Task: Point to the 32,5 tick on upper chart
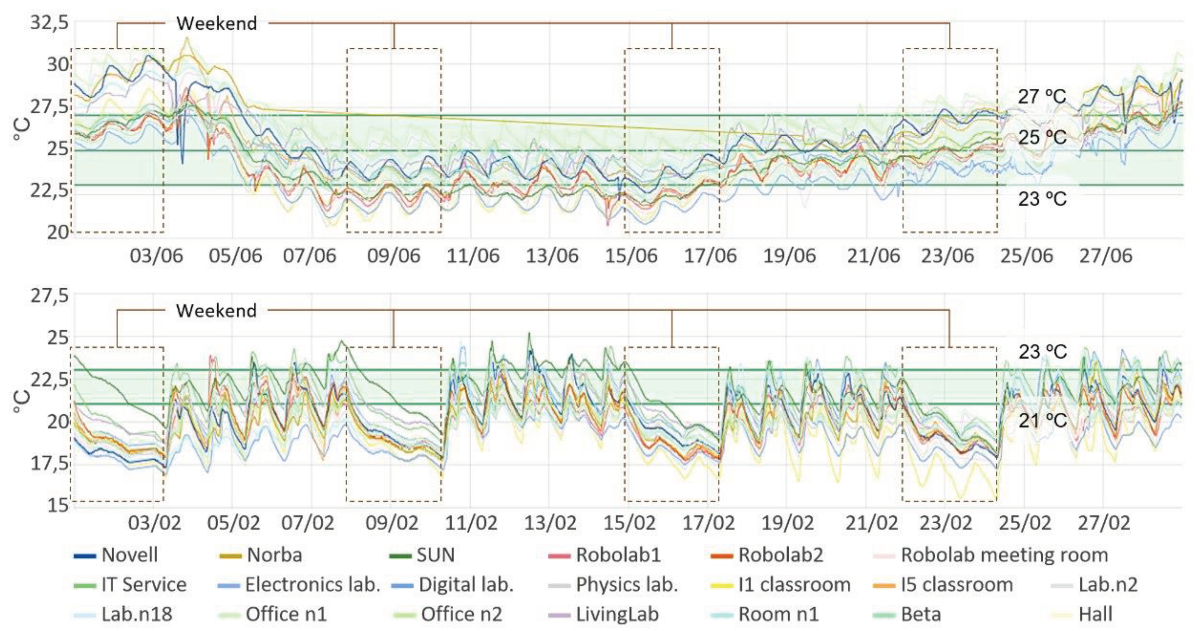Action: coord(49,22)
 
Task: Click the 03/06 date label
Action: coord(156,256)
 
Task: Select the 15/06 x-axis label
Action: coord(631,256)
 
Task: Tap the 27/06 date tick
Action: coord(1105,256)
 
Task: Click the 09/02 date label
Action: coord(392,523)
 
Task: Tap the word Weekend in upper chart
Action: coord(216,23)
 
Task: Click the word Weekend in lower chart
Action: coord(216,311)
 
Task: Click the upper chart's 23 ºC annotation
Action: coord(1042,200)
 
